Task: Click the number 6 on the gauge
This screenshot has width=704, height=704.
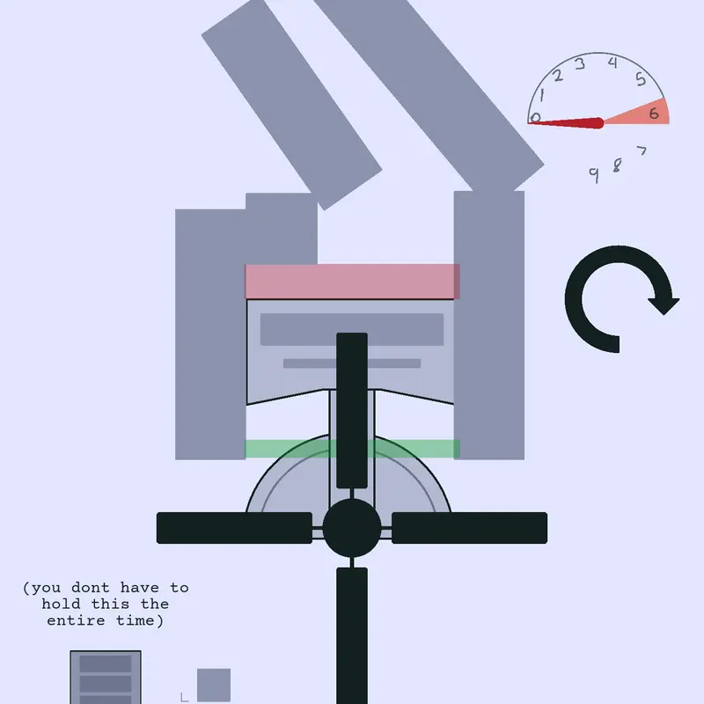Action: click(654, 114)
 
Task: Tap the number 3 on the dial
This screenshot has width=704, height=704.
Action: click(580, 64)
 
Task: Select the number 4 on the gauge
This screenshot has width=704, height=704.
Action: click(612, 62)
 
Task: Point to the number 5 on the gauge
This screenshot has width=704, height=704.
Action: click(641, 79)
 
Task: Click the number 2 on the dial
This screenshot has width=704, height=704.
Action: click(558, 76)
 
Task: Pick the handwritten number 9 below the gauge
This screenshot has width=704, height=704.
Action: click(594, 175)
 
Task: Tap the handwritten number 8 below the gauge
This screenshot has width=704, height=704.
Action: click(618, 165)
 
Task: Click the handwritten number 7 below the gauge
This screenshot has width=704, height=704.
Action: click(642, 150)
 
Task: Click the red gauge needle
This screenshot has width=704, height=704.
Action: click(566, 122)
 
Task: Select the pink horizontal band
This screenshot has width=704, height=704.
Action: click(352, 282)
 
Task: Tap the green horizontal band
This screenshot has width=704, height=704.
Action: click(352, 449)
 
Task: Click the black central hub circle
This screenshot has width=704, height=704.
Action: click(352, 528)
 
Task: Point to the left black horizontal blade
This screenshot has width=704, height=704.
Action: click(234, 528)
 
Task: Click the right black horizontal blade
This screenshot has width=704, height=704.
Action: click(470, 528)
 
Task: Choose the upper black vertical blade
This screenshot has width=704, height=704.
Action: click(352, 410)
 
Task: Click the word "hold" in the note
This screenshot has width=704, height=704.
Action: click(61, 604)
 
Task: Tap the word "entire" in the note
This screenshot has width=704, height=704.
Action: click(76, 620)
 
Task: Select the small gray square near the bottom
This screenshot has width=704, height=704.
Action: click(214, 686)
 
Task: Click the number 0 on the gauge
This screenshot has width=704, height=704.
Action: click(535, 118)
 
